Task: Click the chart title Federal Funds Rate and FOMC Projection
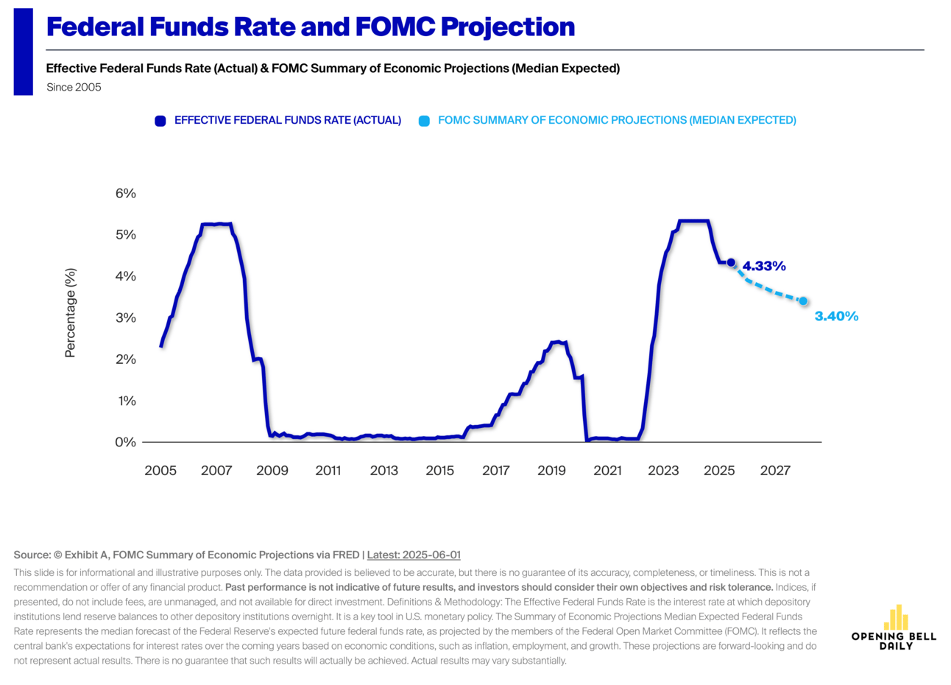tap(310, 27)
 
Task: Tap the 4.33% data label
tap(764, 267)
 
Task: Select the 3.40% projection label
tap(836, 317)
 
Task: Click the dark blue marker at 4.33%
tap(731, 263)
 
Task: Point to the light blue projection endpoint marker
tap(803, 301)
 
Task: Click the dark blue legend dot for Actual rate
tap(160, 121)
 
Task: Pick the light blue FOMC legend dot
tap(424, 121)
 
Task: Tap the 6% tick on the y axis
tap(126, 194)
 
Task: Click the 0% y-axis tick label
tap(126, 443)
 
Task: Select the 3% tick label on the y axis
tap(126, 318)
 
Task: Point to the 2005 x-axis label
tap(160, 471)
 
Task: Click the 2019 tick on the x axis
tap(551, 471)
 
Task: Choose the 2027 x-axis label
tap(775, 471)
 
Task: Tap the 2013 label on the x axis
tap(384, 471)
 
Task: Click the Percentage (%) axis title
tap(71, 313)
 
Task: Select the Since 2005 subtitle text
tap(74, 88)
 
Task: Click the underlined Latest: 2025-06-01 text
tap(414, 555)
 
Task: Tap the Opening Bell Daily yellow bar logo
tap(896, 618)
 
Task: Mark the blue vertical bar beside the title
tap(24, 52)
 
